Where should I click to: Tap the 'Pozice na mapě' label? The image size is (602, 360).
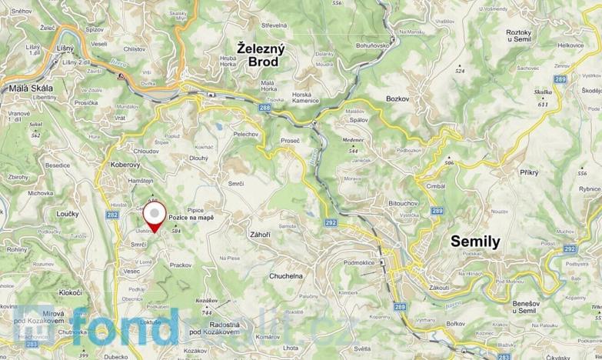pos(191,218)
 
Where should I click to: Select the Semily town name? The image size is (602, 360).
pos(474,242)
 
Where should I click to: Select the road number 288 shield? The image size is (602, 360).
pos(264,108)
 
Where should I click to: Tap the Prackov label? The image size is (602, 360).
pos(180,264)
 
